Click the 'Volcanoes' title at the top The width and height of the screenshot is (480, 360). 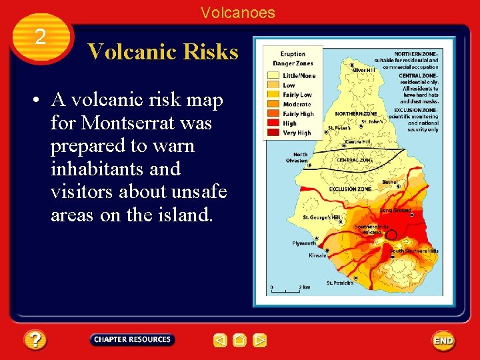[238, 13]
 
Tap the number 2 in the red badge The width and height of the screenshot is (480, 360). [40, 37]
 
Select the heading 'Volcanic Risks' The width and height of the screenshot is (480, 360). [163, 52]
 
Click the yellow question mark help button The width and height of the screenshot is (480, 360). [35, 341]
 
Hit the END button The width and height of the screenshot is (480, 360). [443, 341]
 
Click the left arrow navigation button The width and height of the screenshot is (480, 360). [220, 341]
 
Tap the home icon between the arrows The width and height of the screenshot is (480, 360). [240, 341]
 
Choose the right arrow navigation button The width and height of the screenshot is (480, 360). [260, 341]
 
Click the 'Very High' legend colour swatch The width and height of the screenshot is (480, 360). [273, 133]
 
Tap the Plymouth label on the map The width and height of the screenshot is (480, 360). [304, 243]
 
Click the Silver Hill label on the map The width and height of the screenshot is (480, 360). [363, 70]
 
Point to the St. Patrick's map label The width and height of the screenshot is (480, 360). [340, 283]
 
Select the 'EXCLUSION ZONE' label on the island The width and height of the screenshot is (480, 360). [350, 189]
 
